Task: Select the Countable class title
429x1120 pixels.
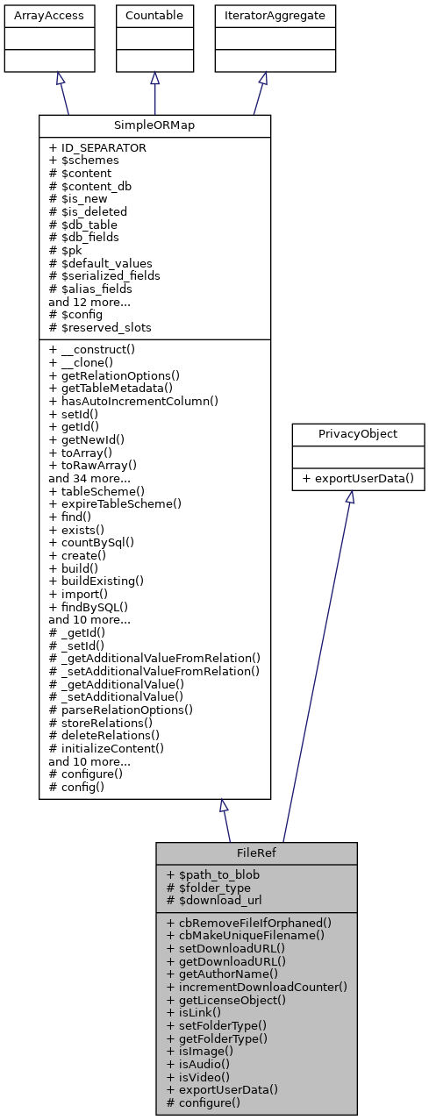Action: [155, 15]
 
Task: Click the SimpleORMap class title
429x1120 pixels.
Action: [154, 125]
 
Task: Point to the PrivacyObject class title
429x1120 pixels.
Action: [349, 432]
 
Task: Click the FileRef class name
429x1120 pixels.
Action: [256, 852]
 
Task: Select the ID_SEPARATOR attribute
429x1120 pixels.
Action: [97, 147]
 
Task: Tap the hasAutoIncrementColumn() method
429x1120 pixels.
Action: [133, 400]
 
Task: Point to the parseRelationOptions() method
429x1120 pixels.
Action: [121, 709]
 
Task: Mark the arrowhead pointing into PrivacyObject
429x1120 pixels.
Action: [349, 497]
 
